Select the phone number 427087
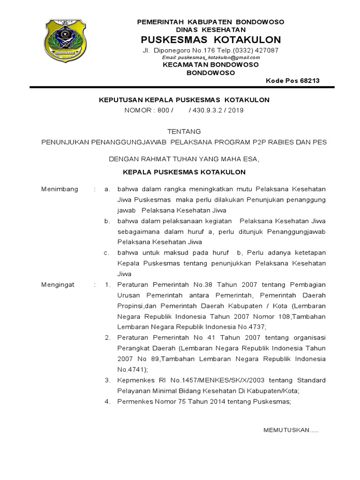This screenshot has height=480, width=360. click(267, 50)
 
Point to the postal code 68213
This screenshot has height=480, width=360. click(310, 81)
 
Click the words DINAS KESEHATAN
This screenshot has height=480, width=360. click(211, 30)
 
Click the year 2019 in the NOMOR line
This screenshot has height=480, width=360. click(236, 110)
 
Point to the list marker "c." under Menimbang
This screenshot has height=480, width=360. click(107, 253)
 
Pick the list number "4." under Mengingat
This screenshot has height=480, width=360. click(107, 401)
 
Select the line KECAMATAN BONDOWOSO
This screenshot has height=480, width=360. click(210, 65)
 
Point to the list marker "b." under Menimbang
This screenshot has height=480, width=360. click(107, 221)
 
